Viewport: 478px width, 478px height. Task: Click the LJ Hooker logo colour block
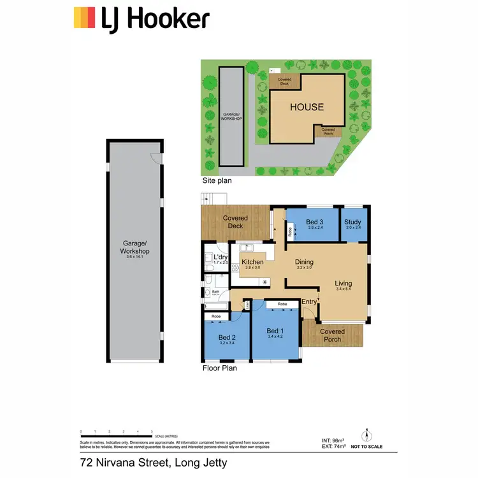[x=85, y=18]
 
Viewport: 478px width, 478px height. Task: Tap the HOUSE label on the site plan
[x=307, y=107]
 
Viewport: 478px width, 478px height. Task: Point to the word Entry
[x=309, y=301]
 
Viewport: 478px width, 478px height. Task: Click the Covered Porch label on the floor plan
[x=332, y=335]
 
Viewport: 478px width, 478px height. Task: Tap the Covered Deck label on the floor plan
[x=235, y=222]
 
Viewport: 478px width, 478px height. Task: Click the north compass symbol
[x=366, y=436]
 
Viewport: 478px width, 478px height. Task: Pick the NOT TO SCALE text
[x=366, y=447]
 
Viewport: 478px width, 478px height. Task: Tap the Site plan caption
[x=217, y=181]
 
